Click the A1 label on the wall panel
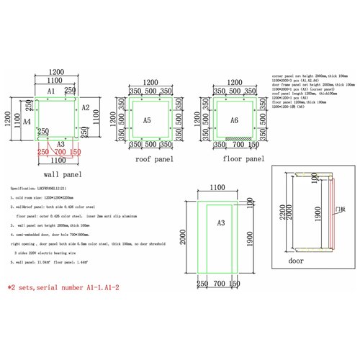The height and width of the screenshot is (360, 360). (x=51, y=93)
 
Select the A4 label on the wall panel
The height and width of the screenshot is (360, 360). (x=27, y=122)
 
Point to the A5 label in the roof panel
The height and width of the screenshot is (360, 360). (x=146, y=121)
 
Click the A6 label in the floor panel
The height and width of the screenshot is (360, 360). (x=233, y=121)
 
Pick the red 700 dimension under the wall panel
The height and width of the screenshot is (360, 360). (x=60, y=153)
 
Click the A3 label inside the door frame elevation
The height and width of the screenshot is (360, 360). (x=221, y=223)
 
